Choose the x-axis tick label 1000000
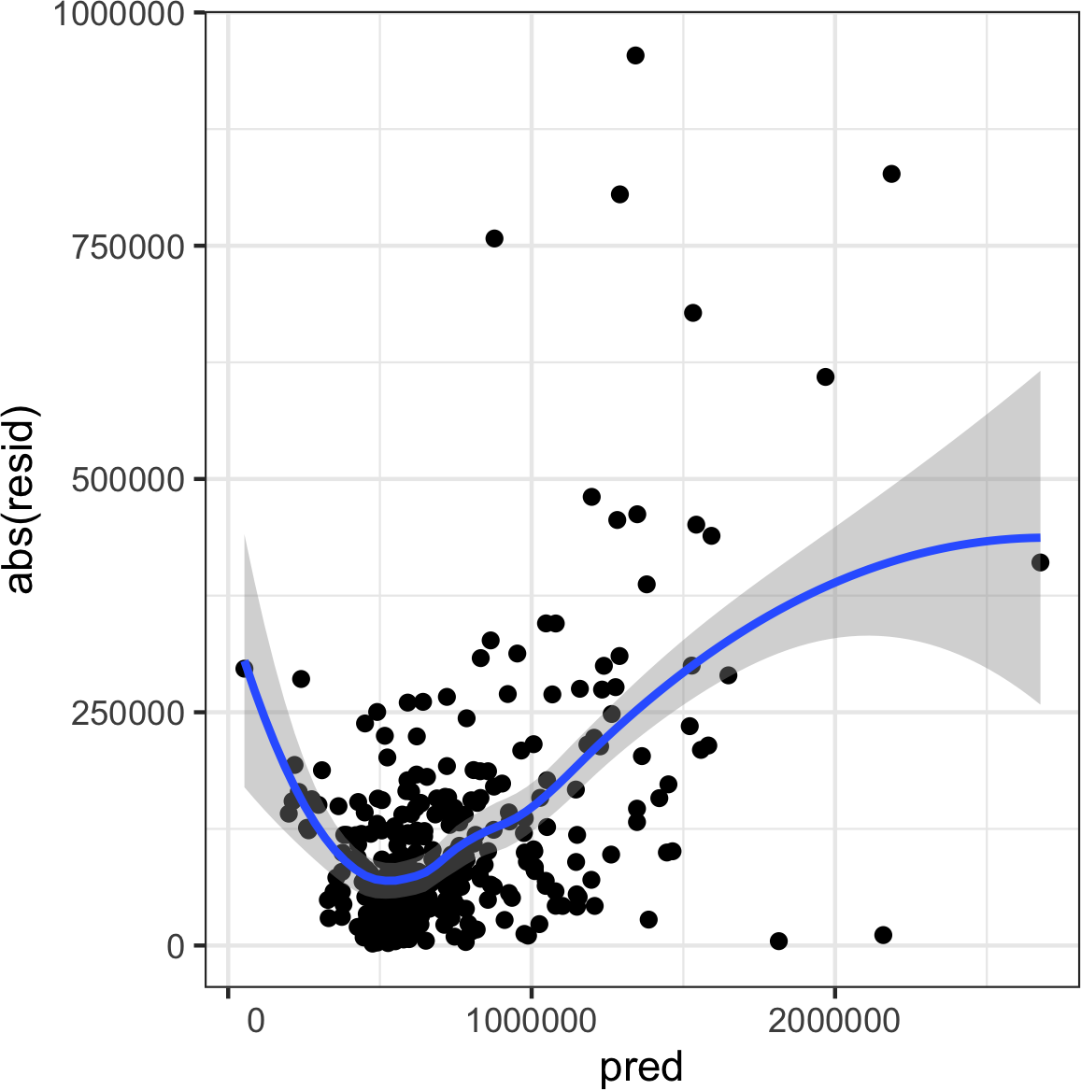point(532,1020)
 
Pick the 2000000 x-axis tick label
point(834,1020)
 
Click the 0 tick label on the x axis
point(254,1020)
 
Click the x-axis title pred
point(641,1067)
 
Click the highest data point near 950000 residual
point(635,55)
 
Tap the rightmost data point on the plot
point(1040,562)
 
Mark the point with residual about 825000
point(891,174)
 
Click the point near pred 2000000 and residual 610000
point(825,377)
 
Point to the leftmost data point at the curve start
point(245,669)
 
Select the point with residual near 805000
point(619,194)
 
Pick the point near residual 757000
point(494,238)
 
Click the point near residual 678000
point(692,313)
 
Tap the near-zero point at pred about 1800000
point(778,941)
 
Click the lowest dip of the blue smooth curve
point(388,880)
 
